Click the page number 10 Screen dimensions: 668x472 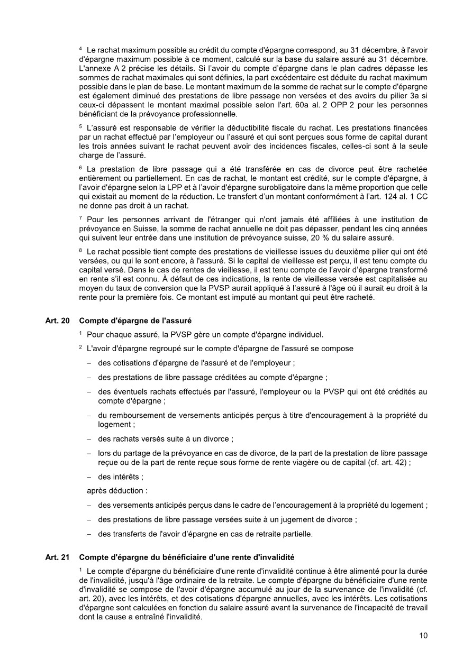point(423,636)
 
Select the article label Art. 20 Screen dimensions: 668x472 point(54,320)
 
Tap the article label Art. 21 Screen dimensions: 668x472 point(54,557)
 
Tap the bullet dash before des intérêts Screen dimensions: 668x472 point(89,477)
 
